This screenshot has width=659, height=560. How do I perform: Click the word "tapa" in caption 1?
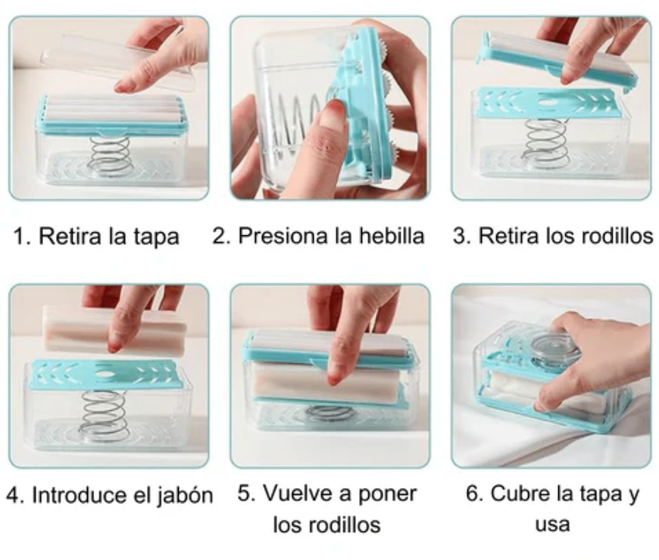pos(157,237)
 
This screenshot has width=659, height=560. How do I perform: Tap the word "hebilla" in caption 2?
pos(392,235)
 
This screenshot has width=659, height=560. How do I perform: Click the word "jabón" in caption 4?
pos(186,496)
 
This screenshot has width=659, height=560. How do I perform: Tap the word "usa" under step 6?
pos(552,524)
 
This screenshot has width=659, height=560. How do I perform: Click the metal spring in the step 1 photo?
pos(110,156)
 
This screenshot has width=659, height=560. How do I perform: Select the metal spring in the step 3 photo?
pos(546,143)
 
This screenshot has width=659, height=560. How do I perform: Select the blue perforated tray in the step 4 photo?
pos(104,374)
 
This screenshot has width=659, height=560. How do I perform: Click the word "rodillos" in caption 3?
pos(618,235)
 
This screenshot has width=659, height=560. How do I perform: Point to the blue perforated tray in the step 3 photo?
pos(549,103)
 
